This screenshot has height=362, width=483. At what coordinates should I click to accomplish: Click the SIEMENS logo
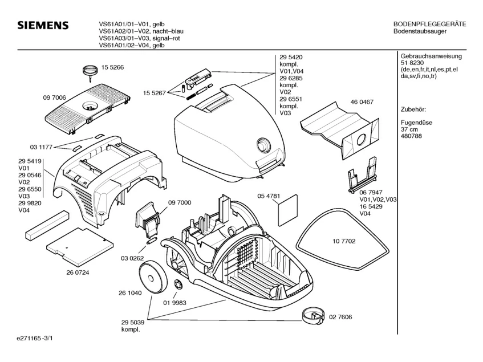tap(43, 26)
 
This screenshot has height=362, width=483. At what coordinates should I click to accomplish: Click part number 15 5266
tap(113, 67)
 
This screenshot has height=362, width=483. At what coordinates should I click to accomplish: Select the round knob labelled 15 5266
tap(89, 70)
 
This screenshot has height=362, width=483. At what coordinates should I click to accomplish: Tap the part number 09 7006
tap(54, 98)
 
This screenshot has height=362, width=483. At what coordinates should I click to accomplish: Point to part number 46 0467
tap(362, 101)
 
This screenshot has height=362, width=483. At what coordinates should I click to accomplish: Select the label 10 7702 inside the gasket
tap(344, 242)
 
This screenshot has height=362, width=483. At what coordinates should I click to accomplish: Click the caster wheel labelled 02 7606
tap(311, 314)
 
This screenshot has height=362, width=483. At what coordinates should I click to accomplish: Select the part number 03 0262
tap(132, 259)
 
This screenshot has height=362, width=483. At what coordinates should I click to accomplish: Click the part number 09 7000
tap(180, 202)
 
